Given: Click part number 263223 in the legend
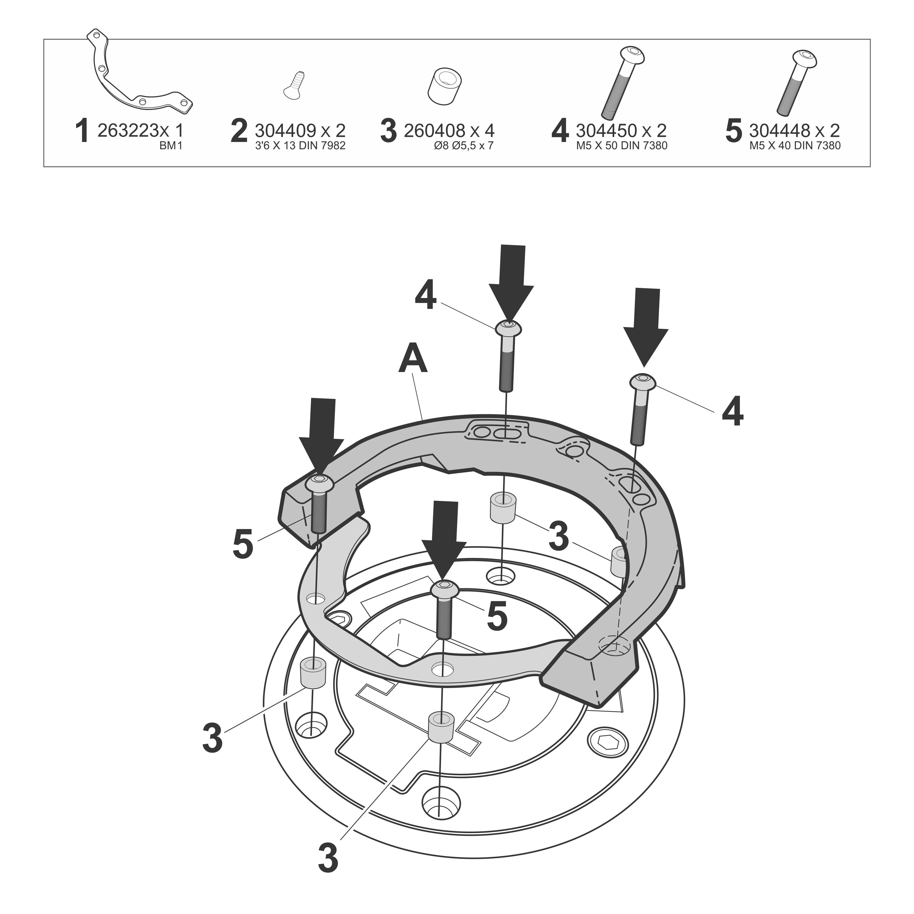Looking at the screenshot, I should click(x=127, y=130).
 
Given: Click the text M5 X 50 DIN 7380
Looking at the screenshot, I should click(x=622, y=146).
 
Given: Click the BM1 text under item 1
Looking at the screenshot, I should click(x=171, y=146).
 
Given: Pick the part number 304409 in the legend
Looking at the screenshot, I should click(x=285, y=130).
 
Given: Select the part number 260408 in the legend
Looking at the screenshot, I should click(x=434, y=130).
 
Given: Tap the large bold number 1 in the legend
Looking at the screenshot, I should click(x=82, y=132).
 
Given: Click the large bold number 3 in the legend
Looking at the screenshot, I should click(x=388, y=132).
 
